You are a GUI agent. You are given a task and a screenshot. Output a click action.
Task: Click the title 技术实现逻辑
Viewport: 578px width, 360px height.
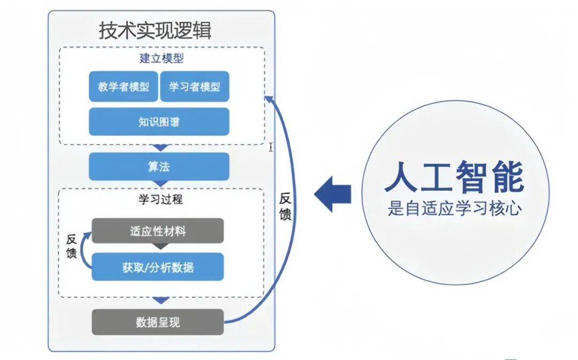(x=155, y=30)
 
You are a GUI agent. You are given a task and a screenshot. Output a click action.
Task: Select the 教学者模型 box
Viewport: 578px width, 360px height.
(x=124, y=87)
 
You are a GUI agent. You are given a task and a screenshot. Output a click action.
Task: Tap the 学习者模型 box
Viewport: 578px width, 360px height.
(x=195, y=87)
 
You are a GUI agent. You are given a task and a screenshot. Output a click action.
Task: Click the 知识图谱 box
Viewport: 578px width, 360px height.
(x=159, y=122)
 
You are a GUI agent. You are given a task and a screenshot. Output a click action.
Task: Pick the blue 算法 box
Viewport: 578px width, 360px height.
(x=159, y=167)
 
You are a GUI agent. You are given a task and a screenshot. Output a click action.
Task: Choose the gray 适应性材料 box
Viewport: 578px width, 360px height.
(x=158, y=231)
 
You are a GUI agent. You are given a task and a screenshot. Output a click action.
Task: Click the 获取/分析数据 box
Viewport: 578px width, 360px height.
(x=158, y=267)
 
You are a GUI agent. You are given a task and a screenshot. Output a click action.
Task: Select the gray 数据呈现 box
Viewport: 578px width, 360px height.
(x=158, y=322)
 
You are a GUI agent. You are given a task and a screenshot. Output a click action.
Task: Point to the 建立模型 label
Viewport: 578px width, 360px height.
(x=159, y=59)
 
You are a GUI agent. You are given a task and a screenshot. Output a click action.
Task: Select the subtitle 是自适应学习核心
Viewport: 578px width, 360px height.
(x=454, y=209)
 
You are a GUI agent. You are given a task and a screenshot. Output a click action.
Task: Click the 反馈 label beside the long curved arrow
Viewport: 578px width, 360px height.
(x=286, y=206)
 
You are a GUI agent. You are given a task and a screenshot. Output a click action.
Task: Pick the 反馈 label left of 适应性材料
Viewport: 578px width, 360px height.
(x=72, y=246)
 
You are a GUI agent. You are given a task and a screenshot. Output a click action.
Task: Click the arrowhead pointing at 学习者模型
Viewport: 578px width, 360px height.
(x=269, y=99)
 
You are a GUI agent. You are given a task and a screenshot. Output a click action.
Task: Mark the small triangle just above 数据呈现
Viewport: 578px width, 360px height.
(x=159, y=301)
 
